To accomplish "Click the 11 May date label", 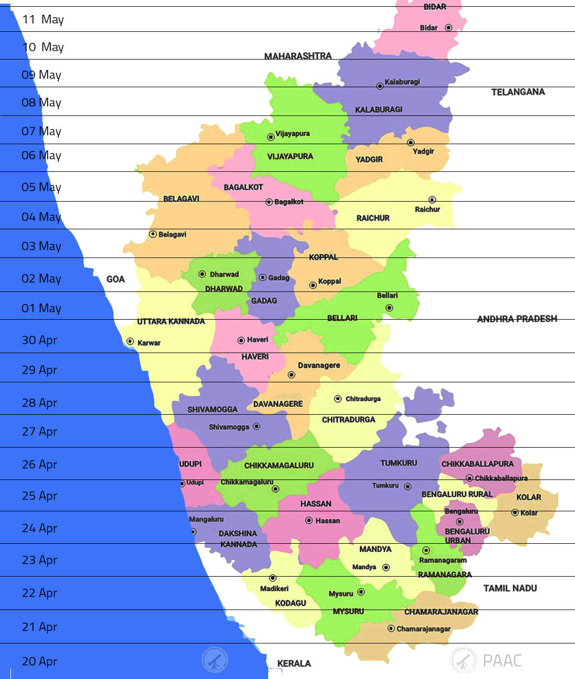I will tap(43, 20).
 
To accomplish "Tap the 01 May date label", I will tap(41, 308).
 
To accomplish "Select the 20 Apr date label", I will tap(39, 661).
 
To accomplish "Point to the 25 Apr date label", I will tap(39, 496).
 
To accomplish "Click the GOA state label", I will tap(116, 279).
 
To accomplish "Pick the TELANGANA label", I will tap(517, 92).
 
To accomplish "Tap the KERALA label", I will tap(294, 663).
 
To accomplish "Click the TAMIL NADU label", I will tap(510, 588).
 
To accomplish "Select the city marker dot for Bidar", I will tap(448, 28).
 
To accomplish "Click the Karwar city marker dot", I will tap(130, 342).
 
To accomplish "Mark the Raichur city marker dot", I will tap(432, 200).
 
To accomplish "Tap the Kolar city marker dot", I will tap(515, 512).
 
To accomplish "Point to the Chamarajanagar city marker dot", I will tap(391, 628).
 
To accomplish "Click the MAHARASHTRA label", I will tap(297, 56).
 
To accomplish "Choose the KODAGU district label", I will tap(291, 603).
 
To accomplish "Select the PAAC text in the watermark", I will tap(502, 661).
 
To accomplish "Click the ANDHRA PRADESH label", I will tap(516, 319).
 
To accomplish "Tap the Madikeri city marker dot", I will tap(272, 578).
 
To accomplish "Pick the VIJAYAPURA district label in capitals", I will tap(290, 156).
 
